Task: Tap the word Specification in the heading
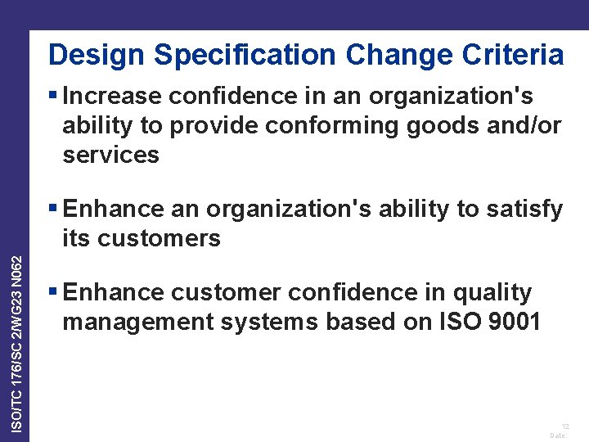245,56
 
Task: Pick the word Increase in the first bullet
112,97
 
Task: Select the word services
110,154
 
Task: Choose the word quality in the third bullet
490,292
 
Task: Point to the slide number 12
565,426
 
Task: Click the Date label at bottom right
560,435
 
